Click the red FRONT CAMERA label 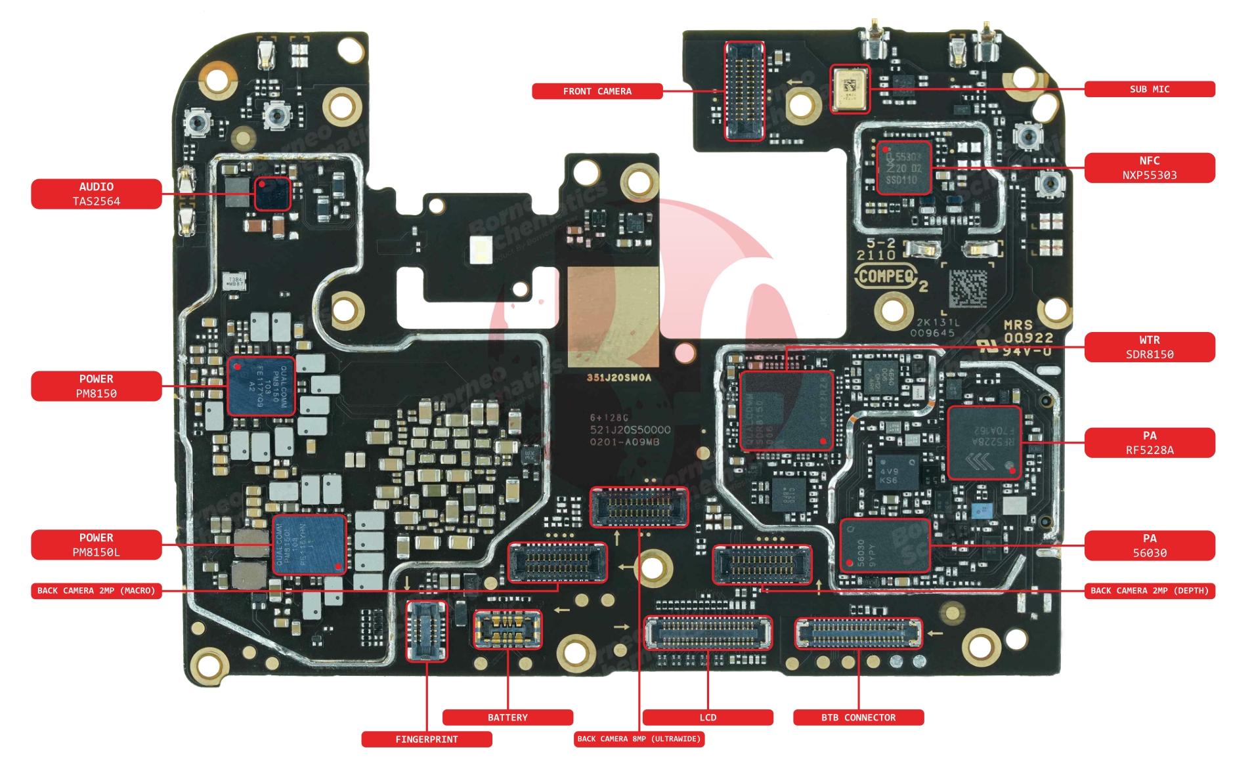[596, 91]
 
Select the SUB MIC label [1149, 89]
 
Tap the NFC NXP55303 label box [1149, 168]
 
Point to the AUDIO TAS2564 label [96, 194]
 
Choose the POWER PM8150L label [96, 545]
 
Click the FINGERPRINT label [426, 740]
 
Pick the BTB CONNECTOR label [858, 717]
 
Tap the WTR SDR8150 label [1149, 347]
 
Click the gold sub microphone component [850, 89]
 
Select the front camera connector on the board [745, 91]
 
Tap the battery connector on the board [507, 629]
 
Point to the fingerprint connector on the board [426, 631]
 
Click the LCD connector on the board [708, 633]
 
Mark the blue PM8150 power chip [260, 386]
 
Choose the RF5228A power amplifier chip [983, 442]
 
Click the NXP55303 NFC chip [903, 168]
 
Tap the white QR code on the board [968, 287]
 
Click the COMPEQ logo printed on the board [886, 276]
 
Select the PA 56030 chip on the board [884, 545]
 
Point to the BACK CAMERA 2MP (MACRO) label [96, 591]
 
